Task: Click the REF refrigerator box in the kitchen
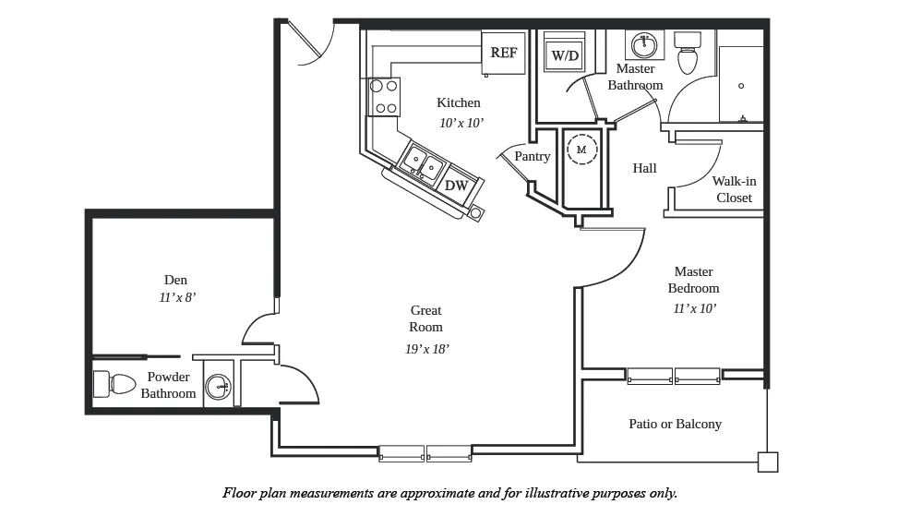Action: [x=503, y=53]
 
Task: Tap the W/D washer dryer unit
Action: [x=564, y=52]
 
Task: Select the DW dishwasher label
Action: [x=457, y=185]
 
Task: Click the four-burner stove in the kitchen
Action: [x=384, y=97]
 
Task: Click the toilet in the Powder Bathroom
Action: [x=114, y=384]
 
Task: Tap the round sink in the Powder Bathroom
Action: [x=218, y=387]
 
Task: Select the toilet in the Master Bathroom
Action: [x=688, y=53]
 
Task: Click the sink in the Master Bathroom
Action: [x=645, y=45]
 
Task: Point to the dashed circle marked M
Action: [x=581, y=150]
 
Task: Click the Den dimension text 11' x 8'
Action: [x=177, y=298]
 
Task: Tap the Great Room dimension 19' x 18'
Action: [x=426, y=349]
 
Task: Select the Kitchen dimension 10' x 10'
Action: [x=461, y=123]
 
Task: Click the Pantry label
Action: [x=532, y=156]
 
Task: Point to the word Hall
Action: [x=644, y=168]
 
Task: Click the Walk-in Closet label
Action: [x=735, y=189]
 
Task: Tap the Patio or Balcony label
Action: [x=676, y=424]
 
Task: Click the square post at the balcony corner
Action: [x=768, y=462]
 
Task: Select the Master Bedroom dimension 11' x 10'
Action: [x=695, y=308]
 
